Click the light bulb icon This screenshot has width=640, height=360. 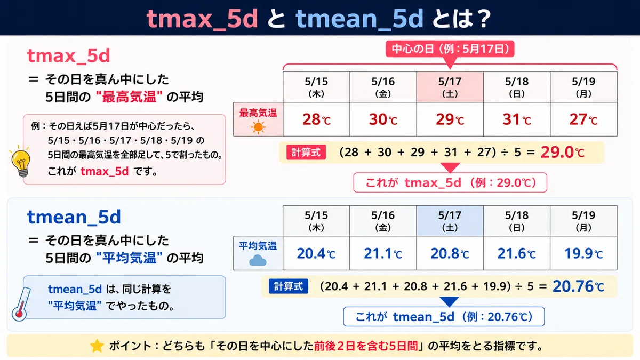click(21, 162)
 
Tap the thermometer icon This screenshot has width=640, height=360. click(21, 305)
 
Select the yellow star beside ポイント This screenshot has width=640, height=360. click(97, 346)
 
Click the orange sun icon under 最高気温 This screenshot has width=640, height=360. click(258, 127)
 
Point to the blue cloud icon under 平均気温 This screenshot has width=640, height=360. click(258, 260)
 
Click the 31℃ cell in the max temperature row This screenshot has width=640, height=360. click(517, 119)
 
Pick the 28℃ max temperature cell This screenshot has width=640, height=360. click(316, 119)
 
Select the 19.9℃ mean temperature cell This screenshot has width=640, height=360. click(583, 253)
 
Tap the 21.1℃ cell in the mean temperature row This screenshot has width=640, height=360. click(383, 253)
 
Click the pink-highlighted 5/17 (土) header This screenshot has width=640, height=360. click(450, 87)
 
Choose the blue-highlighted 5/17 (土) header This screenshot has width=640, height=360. click(450, 221)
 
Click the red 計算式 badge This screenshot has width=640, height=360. click(306, 153)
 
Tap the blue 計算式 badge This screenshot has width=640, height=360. click(289, 286)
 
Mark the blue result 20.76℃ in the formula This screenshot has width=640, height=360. click(578, 286)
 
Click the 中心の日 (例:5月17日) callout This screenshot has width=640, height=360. click(450, 49)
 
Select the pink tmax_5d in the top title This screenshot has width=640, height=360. click(202, 19)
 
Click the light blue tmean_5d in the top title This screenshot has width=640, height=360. click(359, 19)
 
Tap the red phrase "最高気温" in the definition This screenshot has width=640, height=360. click(130, 97)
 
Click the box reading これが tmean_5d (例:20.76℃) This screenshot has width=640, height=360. click(444, 317)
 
